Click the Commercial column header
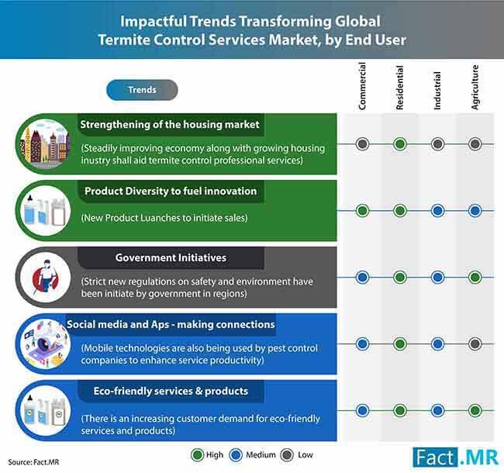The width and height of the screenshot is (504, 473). [x=362, y=86]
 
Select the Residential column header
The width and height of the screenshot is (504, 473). [x=399, y=88]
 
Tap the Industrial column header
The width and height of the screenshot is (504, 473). [x=437, y=91]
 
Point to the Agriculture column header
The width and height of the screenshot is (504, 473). [x=475, y=88]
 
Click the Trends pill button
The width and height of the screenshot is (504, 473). [x=142, y=90]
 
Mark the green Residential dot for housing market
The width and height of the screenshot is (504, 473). [x=400, y=144]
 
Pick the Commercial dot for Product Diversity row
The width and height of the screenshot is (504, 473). [x=362, y=211]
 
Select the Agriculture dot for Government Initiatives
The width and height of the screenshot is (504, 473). [x=475, y=278]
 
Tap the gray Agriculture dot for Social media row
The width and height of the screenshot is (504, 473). [x=475, y=344]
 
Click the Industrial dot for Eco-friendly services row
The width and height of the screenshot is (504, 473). [x=437, y=410]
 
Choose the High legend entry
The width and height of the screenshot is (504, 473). [x=207, y=455]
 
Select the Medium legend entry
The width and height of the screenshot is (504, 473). [x=252, y=455]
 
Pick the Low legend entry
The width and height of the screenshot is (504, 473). [x=296, y=455]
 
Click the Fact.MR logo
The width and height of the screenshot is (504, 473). [x=456, y=457]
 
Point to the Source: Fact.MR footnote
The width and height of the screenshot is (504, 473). [x=33, y=462]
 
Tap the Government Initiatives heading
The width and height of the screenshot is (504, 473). [x=171, y=257]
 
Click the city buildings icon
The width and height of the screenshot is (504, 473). [x=45, y=143]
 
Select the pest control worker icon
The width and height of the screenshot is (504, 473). [x=45, y=277]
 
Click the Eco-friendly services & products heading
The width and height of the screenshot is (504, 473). [x=171, y=391]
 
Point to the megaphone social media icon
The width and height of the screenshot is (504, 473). [x=45, y=344]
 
